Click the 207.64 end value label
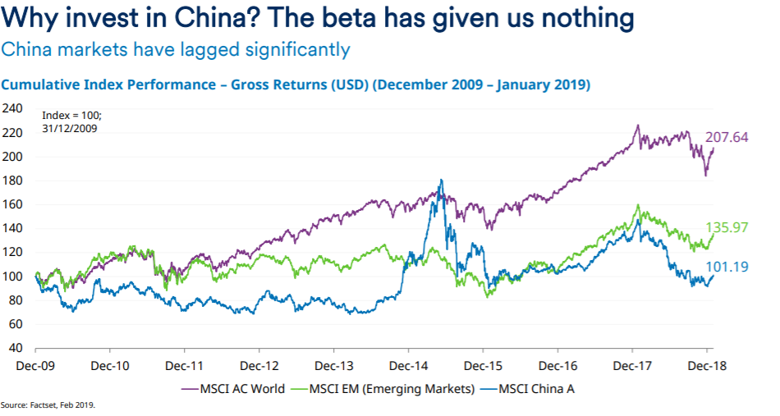click(727, 138)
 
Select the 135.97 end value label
click(727, 227)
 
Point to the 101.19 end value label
click(727, 266)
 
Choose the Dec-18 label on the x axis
click(707, 365)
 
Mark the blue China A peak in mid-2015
click(442, 181)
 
